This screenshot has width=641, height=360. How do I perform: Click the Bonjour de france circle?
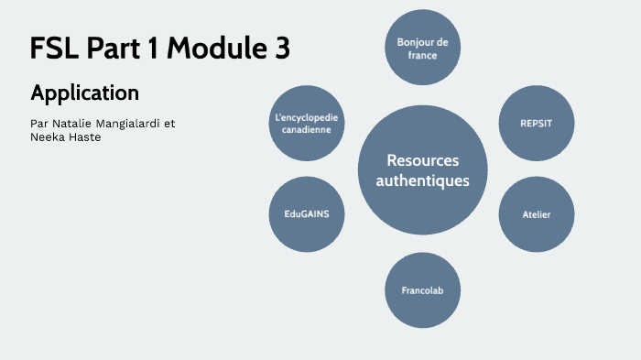(422, 49)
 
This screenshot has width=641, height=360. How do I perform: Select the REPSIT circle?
(536, 122)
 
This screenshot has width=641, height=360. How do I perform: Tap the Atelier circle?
(536, 214)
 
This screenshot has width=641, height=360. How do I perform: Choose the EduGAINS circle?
(307, 214)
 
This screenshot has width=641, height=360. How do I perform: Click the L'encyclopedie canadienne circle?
(307, 123)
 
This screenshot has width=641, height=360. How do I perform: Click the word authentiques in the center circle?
(422, 180)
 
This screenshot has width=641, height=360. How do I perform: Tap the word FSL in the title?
(55, 48)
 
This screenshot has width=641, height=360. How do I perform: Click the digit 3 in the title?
(281, 48)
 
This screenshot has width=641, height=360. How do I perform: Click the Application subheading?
(84, 93)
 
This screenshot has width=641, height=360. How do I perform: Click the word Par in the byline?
(39, 122)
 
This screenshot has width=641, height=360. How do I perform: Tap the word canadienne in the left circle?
(307, 130)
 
